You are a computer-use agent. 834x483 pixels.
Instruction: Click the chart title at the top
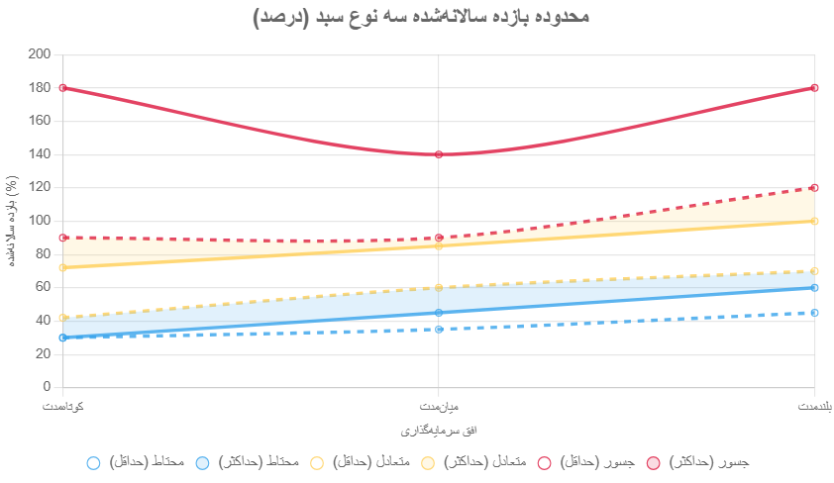[x=421, y=17]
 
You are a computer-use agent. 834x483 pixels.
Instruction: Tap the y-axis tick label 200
[x=40, y=54]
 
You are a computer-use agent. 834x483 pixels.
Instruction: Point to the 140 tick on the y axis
[x=40, y=154]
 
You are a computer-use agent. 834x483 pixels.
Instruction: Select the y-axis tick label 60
[x=43, y=287]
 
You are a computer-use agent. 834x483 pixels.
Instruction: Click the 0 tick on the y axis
[x=47, y=387]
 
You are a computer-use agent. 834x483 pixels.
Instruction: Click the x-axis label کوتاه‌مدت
[x=63, y=407]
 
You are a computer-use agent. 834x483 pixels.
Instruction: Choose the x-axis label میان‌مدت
[x=439, y=407]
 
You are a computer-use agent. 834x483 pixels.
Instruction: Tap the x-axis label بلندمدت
[x=814, y=407]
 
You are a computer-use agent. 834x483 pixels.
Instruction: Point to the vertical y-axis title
[x=11, y=221]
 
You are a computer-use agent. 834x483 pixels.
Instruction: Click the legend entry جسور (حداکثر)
[x=697, y=462]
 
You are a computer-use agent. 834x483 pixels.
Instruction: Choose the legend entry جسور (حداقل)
[x=584, y=462]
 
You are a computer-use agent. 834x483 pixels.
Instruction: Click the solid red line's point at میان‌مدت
[x=439, y=154]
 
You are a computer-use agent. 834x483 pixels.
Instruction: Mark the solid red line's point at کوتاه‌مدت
[x=63, y=88]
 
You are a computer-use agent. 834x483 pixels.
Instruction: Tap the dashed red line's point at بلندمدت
[x=814, y=188]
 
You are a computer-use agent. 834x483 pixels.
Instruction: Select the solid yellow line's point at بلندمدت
[x=814, y=221]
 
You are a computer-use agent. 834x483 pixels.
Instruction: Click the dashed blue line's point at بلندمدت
[x=814, y=313]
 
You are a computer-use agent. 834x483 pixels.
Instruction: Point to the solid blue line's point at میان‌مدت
[x=439, y=313]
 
